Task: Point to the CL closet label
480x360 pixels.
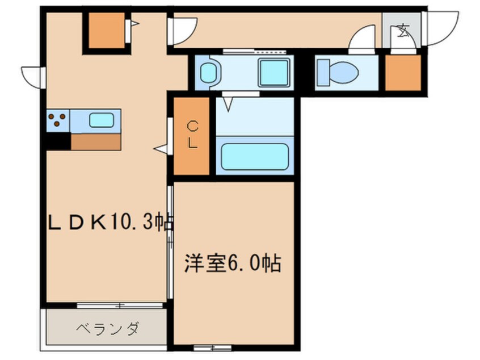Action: (193, 135)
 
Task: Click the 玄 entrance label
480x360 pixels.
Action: (403, 30)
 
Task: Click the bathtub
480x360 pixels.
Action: (254, 156)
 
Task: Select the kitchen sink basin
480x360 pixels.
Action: (101, 120)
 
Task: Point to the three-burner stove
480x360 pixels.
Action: (57, 120)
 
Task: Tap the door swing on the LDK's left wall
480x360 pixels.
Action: (32, 77)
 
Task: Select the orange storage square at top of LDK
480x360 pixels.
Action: (106, 30)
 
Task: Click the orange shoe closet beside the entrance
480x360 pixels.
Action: (403, 72)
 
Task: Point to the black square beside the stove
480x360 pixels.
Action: (57, 141)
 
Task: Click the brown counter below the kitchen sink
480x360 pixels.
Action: (96, 141)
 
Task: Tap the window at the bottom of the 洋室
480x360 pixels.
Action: (212, 346)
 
